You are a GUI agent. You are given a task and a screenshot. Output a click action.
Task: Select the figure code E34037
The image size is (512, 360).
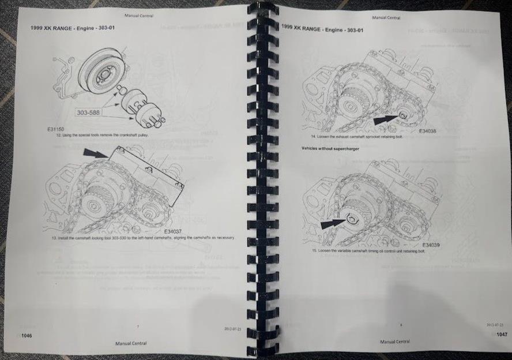174,231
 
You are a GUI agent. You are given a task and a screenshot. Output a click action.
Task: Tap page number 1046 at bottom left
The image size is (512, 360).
25,335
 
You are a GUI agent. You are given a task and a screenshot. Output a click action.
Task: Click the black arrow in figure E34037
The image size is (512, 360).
96,153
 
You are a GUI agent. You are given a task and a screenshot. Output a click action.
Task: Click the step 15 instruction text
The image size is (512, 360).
368,252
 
